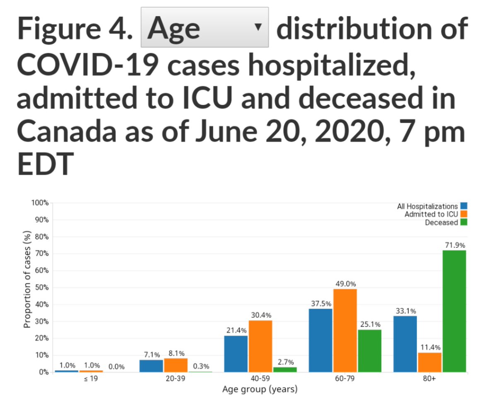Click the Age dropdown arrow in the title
pyautogui.click(x=258, y=27)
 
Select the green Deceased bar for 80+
pyautogui.click(x=454, y=311)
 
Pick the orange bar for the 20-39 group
pyautogui.click(x=176, y=365)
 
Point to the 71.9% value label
pyautogui.click(x=454, y=245)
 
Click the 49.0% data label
pyautogui.click(x=345, y=284)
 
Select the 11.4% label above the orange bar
pyautogui.click(x=430, y=347)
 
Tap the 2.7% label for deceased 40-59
pyautogui.click(x=285, y=362)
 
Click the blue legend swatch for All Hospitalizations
pyautogui.click(x=463, y=206)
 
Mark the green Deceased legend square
pyautogui.click(x=463, y=222)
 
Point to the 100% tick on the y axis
pyautogui.click(x=40, y=203)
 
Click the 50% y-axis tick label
pyautogui.click(x=41, y=287)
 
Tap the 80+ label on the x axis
pyautogui.click(x=430, y=379)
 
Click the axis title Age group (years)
pyautogui.click(x=260, y=389)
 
